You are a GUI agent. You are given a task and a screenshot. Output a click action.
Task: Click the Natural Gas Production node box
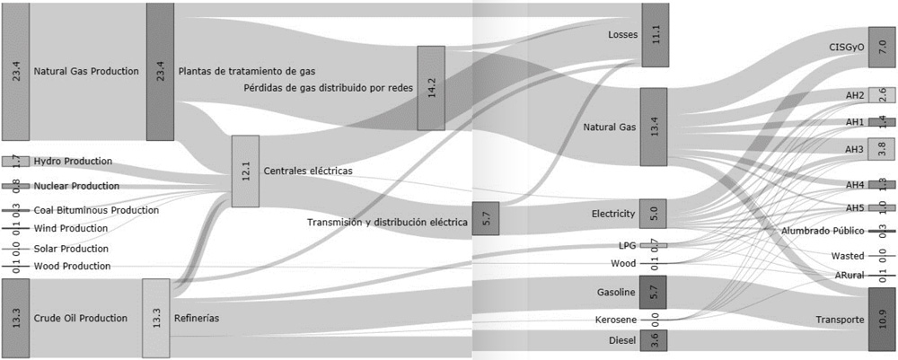[x=15, y=71]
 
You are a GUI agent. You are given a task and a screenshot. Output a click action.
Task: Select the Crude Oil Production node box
[x=15, y=318]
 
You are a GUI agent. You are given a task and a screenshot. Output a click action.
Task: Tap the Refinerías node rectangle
[x=155, y=318]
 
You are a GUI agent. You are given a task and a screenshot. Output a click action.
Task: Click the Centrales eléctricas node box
[x=245, y=171]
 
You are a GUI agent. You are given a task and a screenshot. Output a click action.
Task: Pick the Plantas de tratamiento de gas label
[x=247, y=71]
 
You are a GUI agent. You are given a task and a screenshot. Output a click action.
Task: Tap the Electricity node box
[x=653, y=214]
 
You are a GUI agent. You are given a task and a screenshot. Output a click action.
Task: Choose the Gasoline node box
[x=653, y=293]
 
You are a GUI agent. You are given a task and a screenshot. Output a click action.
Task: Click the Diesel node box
[x=653, y=341]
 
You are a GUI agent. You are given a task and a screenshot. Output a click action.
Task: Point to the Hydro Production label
[x=73, y=162]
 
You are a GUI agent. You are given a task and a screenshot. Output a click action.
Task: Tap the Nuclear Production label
[x=76, y=186]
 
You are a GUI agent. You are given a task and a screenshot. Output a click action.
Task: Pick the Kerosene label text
[x=615, y=320]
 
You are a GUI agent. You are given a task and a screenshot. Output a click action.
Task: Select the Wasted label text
[x=848, y=256]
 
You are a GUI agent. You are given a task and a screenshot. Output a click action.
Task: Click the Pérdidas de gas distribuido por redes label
[x=330, y=87]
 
